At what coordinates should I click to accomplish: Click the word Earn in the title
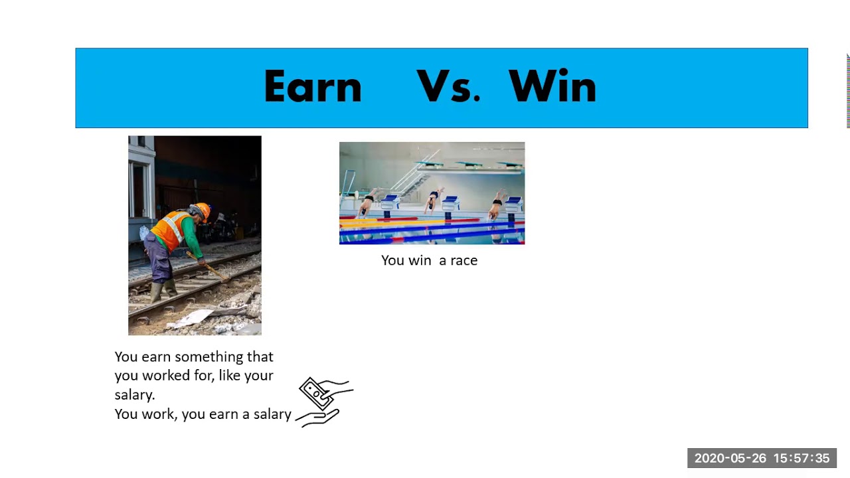click(312, 87)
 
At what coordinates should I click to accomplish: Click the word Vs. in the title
click(448, 87)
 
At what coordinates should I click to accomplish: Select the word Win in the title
click(552, 87)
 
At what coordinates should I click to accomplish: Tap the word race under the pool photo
click(464, 260)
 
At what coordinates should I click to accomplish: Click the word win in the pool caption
click(420, 260)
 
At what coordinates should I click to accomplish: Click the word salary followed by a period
click(135, 394)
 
